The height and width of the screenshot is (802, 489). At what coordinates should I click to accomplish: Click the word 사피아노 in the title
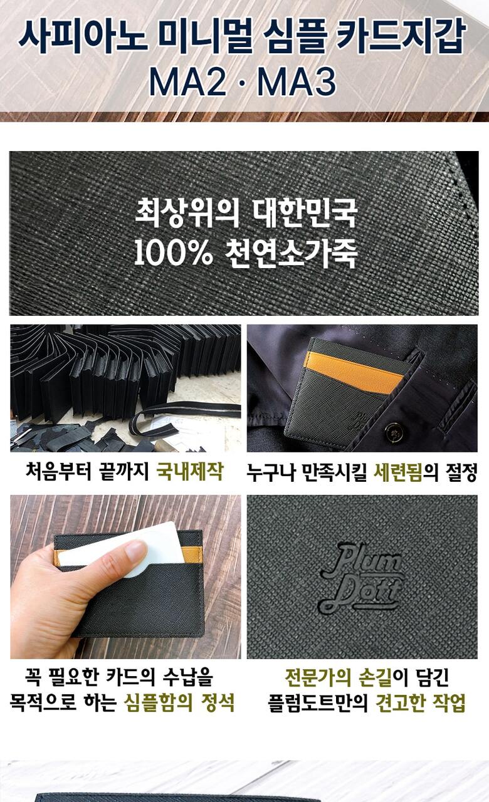pos(82,34)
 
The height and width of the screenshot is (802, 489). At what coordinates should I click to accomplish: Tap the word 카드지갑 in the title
pos(400,34)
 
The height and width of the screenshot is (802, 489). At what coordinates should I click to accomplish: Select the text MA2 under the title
pos(187,82)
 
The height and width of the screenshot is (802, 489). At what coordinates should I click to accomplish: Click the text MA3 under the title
pos(297,82)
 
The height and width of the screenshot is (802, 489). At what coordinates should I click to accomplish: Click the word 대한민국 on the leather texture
pos(305,214)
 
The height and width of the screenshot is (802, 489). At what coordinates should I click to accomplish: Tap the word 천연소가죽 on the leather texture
pos(291,254)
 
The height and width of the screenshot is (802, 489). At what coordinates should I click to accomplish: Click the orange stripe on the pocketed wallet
pos(353,372)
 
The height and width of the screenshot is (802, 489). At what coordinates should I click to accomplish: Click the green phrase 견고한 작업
pos(421,702)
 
